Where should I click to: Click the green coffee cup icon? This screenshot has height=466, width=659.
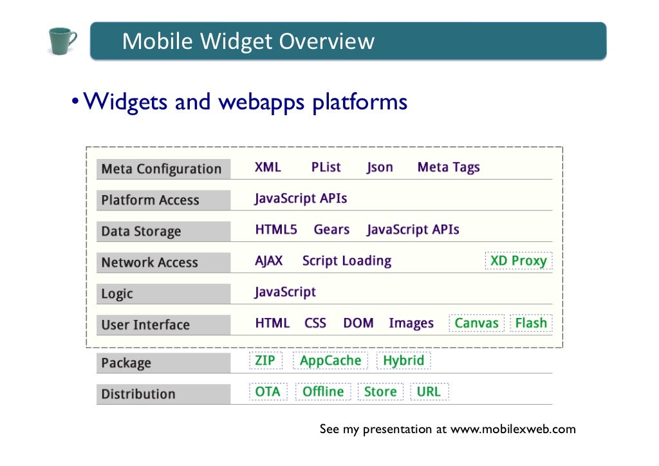62,41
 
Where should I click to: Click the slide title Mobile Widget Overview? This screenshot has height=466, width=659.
248,41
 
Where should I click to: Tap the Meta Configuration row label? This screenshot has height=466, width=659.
162,169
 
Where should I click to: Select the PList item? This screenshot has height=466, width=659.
326,167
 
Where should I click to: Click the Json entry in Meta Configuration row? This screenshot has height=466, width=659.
380,167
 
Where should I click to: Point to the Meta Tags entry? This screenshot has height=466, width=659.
449,167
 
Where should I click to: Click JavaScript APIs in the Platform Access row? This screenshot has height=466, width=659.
301,198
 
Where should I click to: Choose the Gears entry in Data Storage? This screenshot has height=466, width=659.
331,230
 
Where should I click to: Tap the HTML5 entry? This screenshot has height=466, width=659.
276,230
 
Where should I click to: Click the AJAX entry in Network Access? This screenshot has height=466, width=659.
268,261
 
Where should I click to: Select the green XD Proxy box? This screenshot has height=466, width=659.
518,261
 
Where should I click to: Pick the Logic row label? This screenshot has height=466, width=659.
117,294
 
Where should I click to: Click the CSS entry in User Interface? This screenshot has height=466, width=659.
315,323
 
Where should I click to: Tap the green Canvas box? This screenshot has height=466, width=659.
476,323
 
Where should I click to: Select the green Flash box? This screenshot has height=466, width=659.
531,323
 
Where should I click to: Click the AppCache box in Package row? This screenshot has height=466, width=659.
330,360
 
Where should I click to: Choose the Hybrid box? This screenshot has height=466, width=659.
404,360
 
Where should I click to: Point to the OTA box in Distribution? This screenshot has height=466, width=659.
268,391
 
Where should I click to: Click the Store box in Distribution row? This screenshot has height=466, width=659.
380,391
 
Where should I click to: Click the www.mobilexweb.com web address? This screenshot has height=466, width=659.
513,429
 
